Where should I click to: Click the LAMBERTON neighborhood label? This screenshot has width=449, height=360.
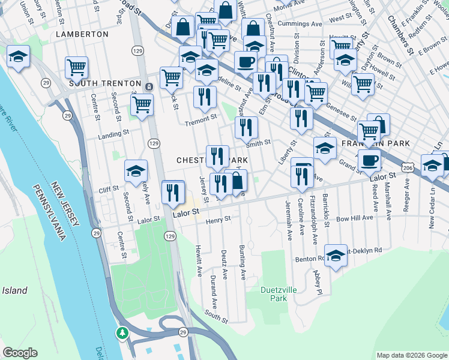[x=82, y=34]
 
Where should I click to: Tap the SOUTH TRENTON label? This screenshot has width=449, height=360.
[x=104, y=83]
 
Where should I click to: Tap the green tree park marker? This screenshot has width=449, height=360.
[x=122, y=332]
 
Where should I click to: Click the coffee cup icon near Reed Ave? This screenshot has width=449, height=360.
[x=369, y=160]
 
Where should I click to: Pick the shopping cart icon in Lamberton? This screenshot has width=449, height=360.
[x=77, y=68]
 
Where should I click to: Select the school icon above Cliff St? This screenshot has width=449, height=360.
[x=136, y=171]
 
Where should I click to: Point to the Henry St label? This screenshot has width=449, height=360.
[x=218, y=220]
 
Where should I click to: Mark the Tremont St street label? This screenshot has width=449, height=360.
[x=200, y=119]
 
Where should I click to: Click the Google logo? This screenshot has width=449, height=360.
[x=20, y=353]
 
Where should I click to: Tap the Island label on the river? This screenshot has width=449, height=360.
[x=14, y=290]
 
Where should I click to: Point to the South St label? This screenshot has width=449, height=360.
[x=215, y=316]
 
